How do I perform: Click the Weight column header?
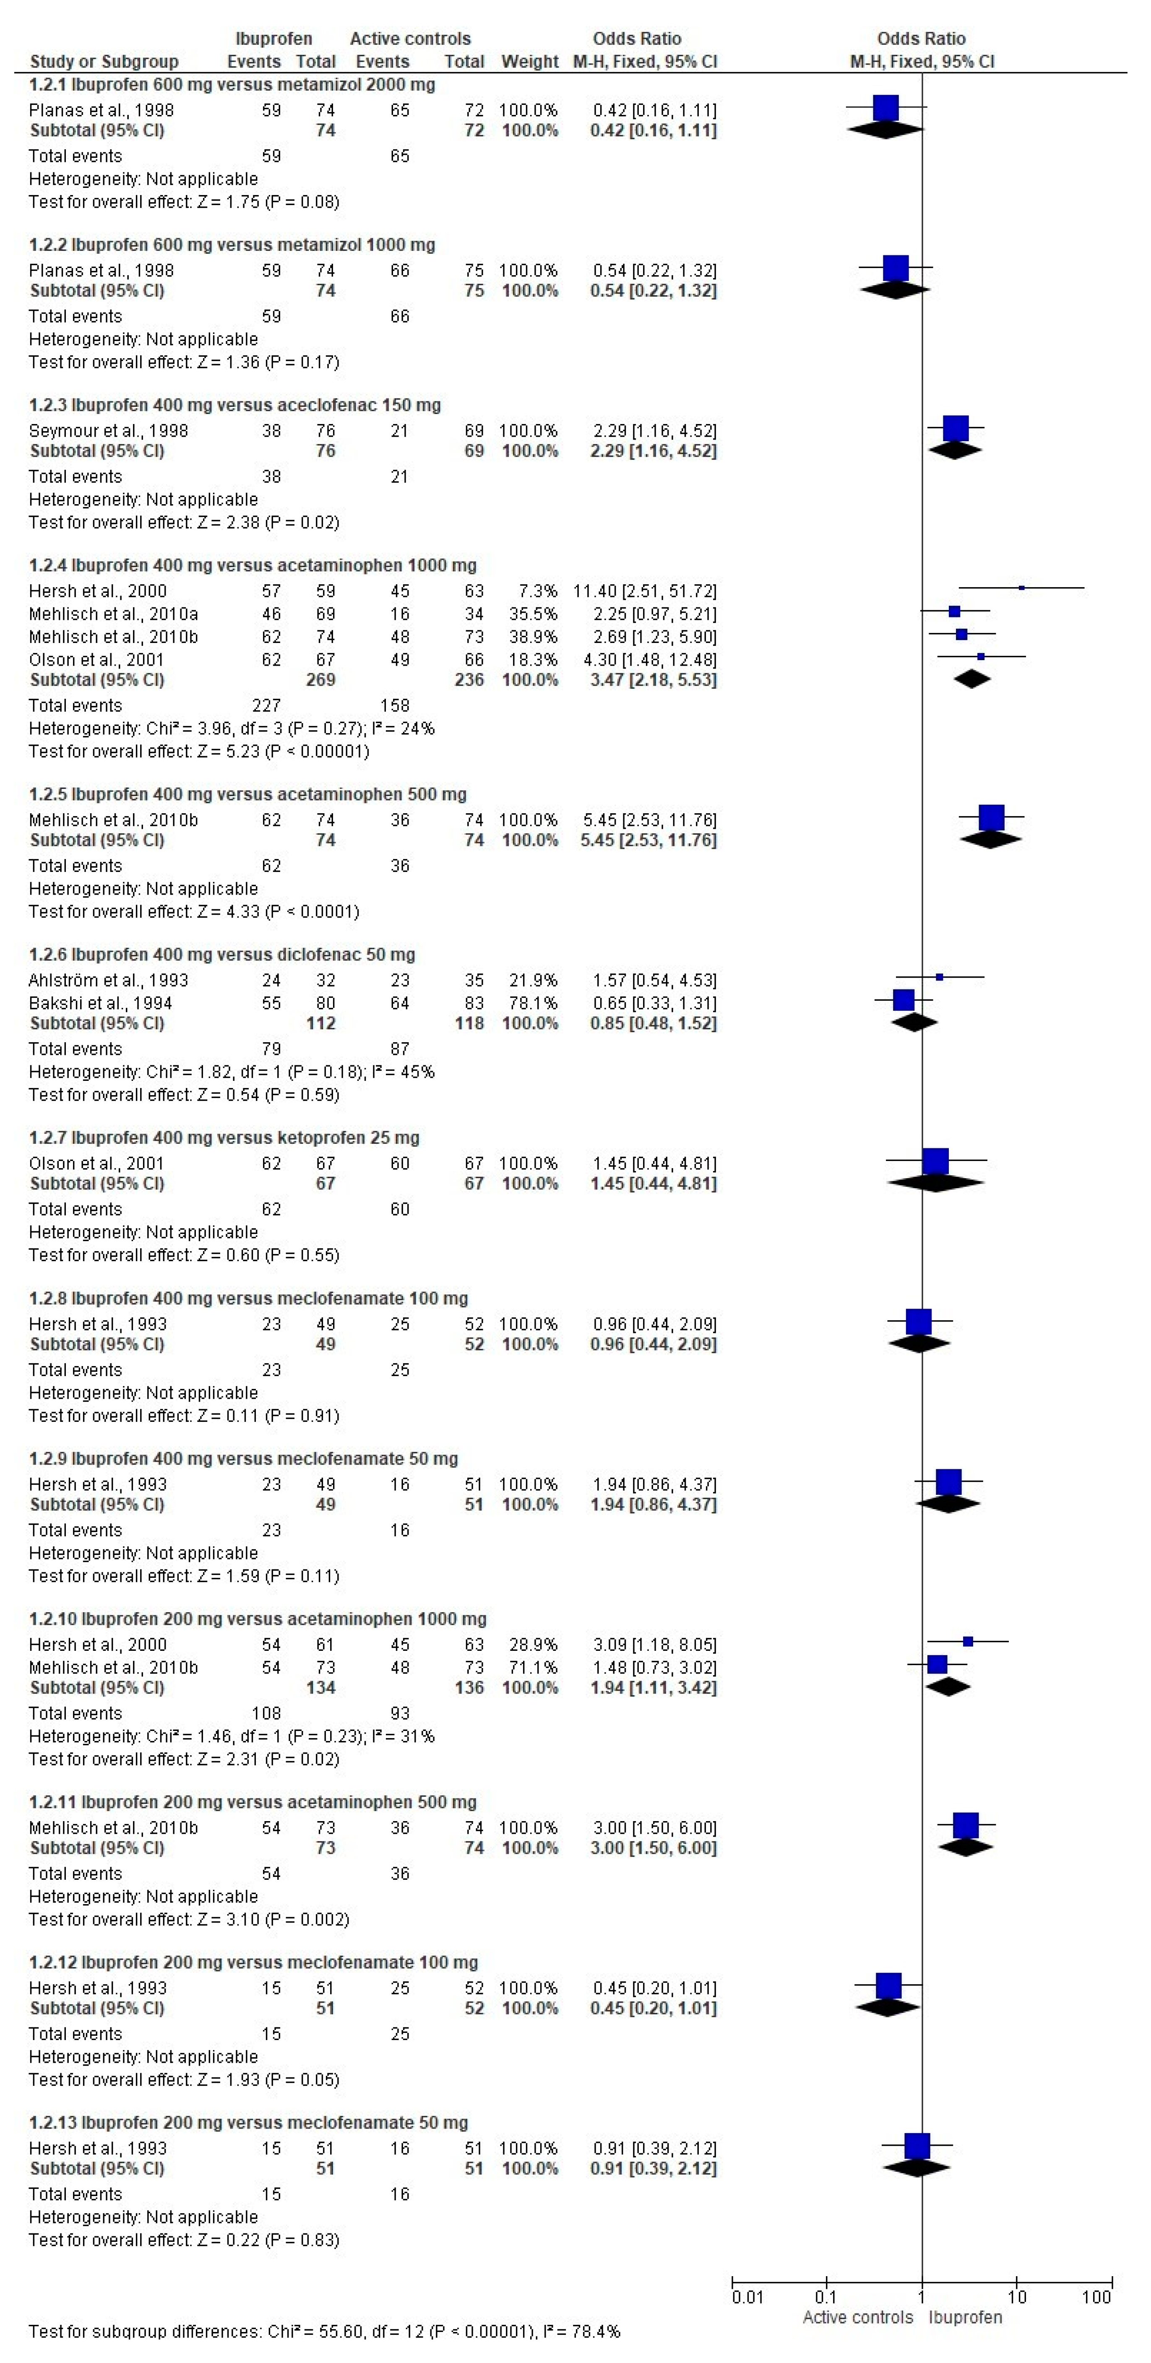(x=529, y=62)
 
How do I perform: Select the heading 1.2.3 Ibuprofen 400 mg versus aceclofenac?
(x=235, y=405)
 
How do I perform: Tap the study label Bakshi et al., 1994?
(x=100, y=1003)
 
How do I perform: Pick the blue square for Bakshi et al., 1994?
(x=904, y=1000)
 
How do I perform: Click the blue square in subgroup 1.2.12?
(x=888, y=1986)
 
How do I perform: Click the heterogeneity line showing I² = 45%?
(x=231, y=1072)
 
